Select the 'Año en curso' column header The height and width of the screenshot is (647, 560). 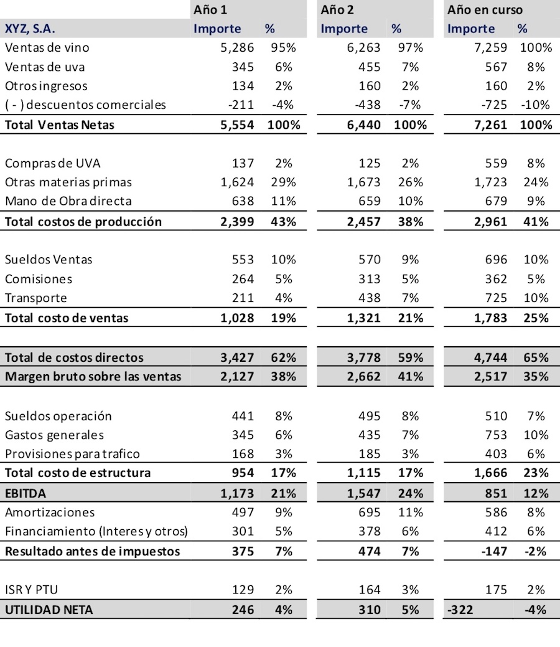(485, 9)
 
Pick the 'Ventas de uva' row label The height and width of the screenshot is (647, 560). (45, 67)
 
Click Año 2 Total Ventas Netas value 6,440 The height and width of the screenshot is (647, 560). (363, 125)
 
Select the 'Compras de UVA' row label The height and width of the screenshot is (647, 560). (52, 163)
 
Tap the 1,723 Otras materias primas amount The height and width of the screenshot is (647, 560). (490, 182)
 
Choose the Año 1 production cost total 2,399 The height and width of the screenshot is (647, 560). (237, 222)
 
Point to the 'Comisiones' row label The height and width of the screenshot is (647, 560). (39, 278)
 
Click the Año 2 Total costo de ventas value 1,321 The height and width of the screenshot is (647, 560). (363, 318)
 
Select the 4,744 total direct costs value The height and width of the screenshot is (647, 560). (490, 357)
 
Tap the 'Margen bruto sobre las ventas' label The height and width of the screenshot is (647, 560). (93, 376)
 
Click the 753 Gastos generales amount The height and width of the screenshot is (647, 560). (496, 435)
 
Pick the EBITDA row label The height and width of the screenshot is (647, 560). (26, 493)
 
